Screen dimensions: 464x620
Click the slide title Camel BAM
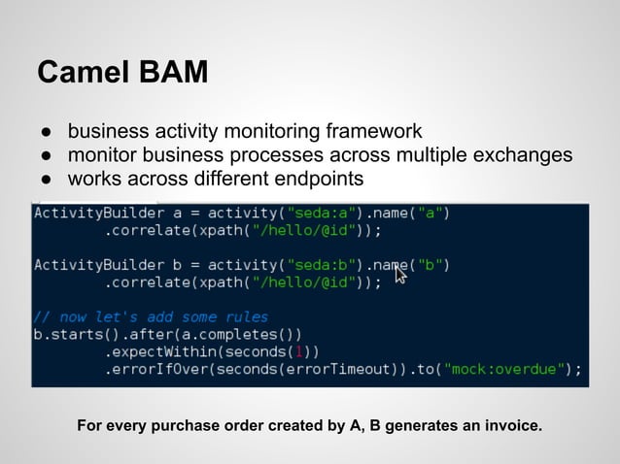[x=121, y=73]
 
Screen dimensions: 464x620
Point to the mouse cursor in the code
[x=398, y=275]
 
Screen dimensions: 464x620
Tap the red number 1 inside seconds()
[x=302, y=351]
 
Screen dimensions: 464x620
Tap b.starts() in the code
[x=68, y=334]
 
